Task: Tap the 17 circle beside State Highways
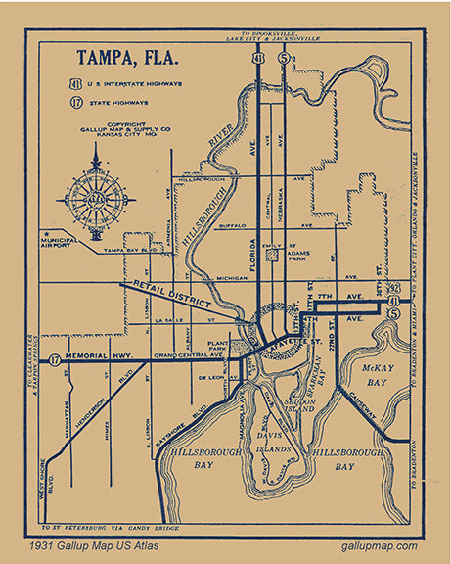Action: click(75, 101)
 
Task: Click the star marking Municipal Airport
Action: click(45, 236)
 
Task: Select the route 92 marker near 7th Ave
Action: click(392, 287)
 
